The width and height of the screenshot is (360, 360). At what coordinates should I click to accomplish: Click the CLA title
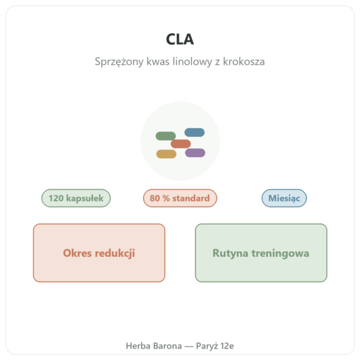coord(180,39)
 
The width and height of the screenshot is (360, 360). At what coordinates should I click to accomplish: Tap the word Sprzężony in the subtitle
coord(119,62)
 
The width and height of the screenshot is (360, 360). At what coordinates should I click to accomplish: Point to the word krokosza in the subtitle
coord(244,62)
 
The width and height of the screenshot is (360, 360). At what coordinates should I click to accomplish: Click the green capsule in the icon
coord(166,136)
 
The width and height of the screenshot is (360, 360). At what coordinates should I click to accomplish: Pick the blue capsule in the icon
coord(194,133)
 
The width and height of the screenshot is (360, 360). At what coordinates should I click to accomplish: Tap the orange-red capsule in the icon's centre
coord(181,144)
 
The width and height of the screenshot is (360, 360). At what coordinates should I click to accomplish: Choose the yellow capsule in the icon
coord(166,154)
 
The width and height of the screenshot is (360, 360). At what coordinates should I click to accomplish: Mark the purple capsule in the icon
coord(195,152)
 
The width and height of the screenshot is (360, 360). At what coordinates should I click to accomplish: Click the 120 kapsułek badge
coord(76,198)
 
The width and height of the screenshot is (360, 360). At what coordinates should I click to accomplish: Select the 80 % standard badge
coord(180,198)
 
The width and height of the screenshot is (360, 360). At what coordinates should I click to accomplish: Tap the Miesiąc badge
coord(284,198)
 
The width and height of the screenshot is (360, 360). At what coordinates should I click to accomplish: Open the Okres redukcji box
coord(99,253)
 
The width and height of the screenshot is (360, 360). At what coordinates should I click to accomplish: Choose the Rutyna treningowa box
coord(261,253)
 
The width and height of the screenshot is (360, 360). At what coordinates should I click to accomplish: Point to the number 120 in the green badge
coord(56,198)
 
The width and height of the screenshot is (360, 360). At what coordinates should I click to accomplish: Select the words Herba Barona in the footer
coord(154,346)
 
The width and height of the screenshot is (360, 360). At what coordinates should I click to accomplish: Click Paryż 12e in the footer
coord(215,346)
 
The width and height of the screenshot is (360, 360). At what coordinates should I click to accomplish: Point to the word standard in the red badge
coord(191,198)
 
